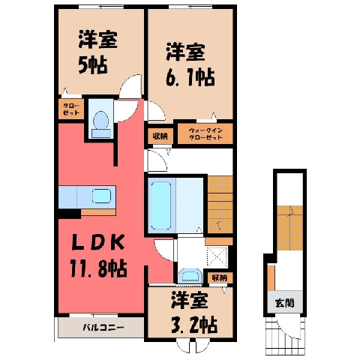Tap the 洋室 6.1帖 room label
click(x=190, y=64)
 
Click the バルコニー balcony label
click(x=103, y=327)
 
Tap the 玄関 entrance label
click(x=285, y=303)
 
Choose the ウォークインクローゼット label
click(x=205, y=133)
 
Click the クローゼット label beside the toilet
click(x=71, y=109)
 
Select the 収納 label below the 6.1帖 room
click(x=160, y=136)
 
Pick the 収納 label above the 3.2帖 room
click(x=219, y=277)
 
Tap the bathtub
click(x=161, y=205)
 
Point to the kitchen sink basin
click(x=101, y=196)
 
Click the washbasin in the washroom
click(x=191, y=275)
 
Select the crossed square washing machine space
click(x=217, y=256)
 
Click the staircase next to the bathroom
click(x=220, y=205)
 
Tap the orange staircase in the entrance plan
click(x=289, y=227)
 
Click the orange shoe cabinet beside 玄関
click(x=271, y=277)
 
